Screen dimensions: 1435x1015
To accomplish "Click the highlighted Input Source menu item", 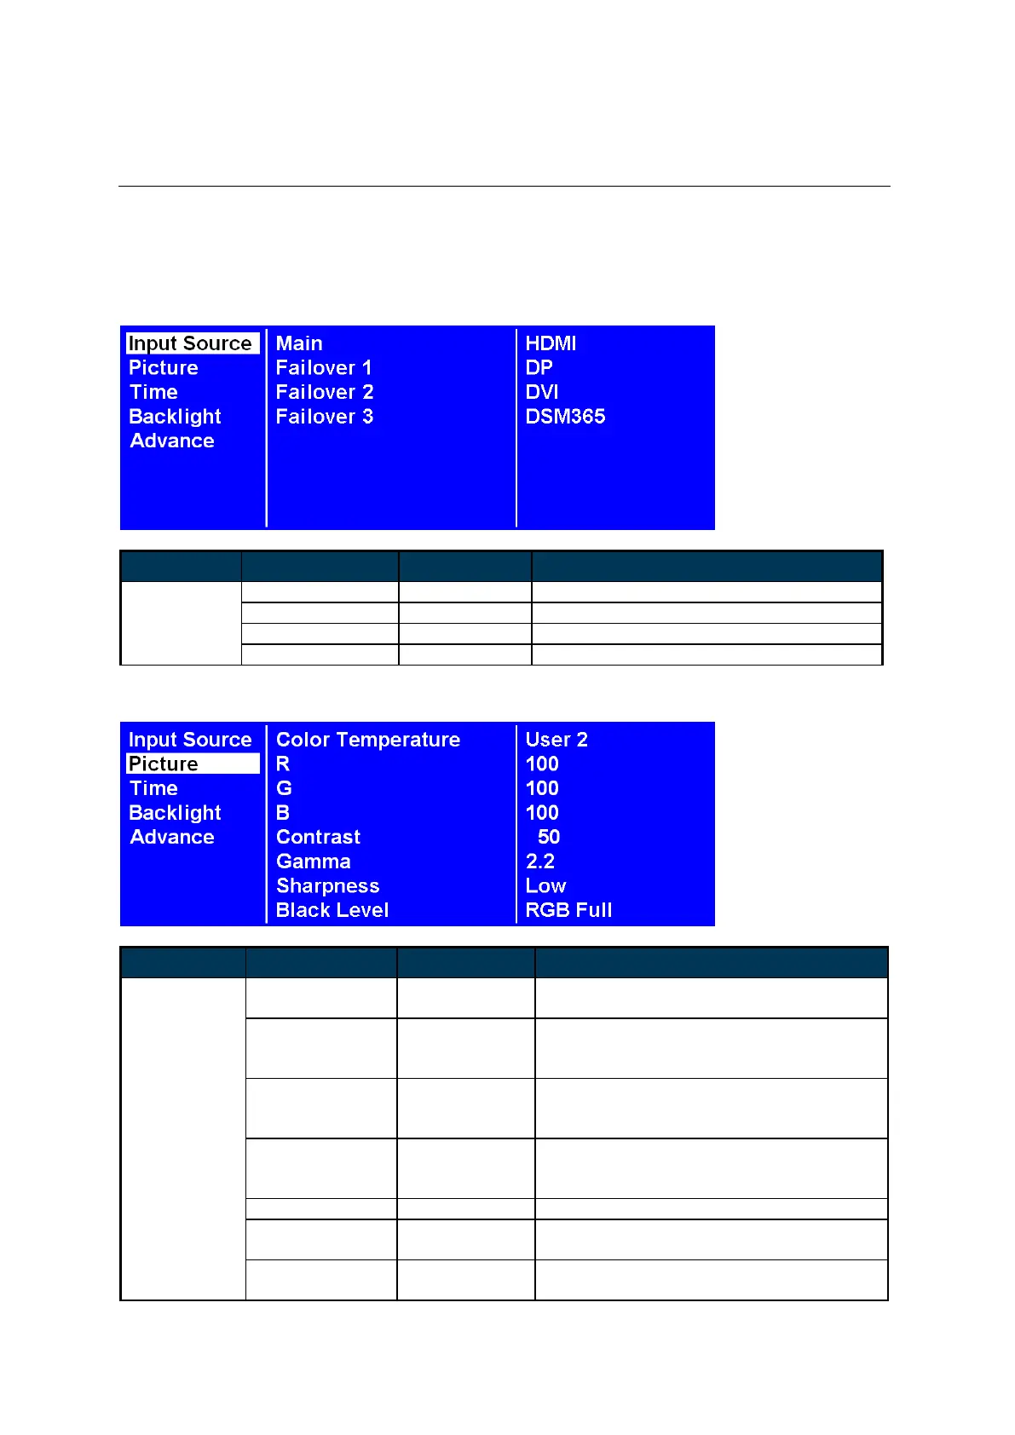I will [x=190, y=343].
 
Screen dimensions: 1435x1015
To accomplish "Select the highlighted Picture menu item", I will [x=164, y=764].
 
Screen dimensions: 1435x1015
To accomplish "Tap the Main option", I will [x=299, y=343].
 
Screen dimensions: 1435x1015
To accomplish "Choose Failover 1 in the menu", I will [x=324, y=368].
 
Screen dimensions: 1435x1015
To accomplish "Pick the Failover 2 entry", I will [x=325, y=392].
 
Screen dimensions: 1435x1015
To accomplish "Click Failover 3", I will [x=325, y=417].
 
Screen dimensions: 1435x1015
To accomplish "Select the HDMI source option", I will [x=551, y=343].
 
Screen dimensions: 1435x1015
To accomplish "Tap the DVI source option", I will [x=542, y=392].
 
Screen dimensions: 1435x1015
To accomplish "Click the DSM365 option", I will [x=565, y=417].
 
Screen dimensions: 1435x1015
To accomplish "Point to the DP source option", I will [x=539, y=368].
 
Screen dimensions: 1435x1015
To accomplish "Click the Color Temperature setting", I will [x=367, y=740].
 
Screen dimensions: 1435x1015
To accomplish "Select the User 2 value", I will [x=557, y=740].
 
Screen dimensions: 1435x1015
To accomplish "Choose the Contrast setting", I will [x=318, y=837].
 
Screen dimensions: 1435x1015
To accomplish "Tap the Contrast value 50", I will [x=549, y=837].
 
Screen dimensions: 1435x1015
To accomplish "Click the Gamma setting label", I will [x=313, y=862].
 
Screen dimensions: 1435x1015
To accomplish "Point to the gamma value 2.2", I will [x=540, y=862].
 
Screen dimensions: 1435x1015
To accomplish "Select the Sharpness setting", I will [x=327, y=886].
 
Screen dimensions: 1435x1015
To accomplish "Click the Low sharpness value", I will [x=545, y=886].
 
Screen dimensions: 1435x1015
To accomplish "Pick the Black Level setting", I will [x=332, y=910].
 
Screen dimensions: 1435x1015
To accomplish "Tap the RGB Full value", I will [x=568, y=910].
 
